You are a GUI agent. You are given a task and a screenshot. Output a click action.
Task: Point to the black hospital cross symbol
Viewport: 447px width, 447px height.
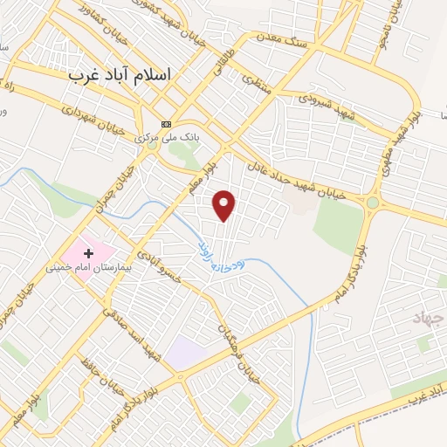(88, 252)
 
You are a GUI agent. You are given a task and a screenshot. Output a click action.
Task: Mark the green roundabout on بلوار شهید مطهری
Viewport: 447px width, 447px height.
(373, 203)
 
